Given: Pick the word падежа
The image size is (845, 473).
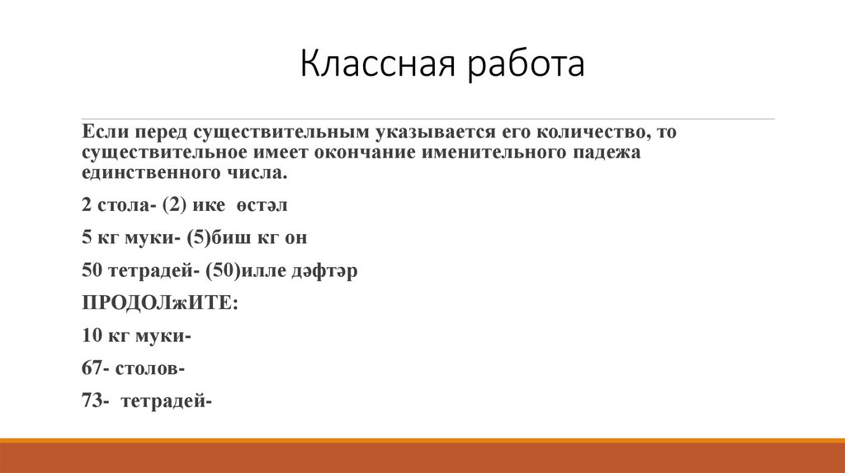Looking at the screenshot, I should click(x=601, y=152).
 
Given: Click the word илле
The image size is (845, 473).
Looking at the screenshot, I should click(x=267, y=271).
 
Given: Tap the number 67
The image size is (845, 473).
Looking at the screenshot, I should click(x=92, y=368).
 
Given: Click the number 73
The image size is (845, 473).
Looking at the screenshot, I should click(x=92, y=401).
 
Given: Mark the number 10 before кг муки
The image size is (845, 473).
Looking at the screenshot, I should click(x=92, y=336).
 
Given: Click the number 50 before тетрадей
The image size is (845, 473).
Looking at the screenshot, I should click(x=92, y=271).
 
